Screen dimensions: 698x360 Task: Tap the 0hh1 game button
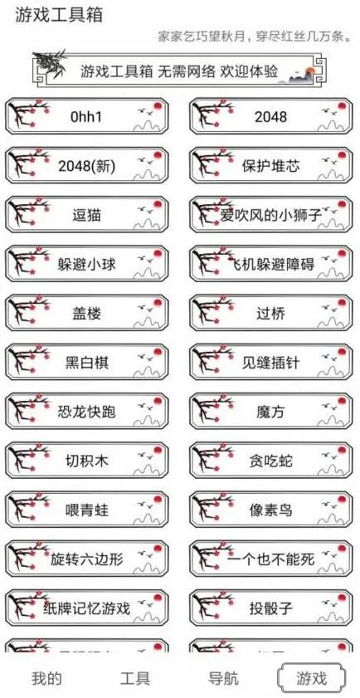coord(87,117)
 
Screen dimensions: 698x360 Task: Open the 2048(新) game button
coord(87,166)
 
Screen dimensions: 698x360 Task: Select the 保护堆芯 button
coord(271,166)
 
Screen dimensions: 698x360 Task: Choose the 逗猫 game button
coord(87,215)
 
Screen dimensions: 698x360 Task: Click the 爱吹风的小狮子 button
coord(271,215)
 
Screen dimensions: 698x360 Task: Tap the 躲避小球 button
coord(87,265)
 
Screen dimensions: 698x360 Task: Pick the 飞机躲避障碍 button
coord(271,265)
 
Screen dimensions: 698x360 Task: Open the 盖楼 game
coord(87,314)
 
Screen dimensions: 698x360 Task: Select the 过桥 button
coord(271,314)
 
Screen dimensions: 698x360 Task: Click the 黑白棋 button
coord(87,363)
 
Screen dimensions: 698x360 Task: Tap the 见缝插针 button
coord(271,363)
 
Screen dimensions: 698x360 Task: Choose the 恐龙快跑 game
coord(87,412)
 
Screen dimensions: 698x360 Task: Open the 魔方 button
coord(271,412)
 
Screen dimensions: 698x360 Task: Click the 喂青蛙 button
coord(87,510)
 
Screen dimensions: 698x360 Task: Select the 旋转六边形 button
coord(87,559)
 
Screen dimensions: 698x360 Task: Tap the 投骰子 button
coord(271,608)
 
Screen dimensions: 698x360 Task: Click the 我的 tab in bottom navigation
coord(46,678)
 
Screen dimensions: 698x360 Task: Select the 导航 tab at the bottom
coord(223,678)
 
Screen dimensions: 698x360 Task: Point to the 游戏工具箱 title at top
coord(53,16)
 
